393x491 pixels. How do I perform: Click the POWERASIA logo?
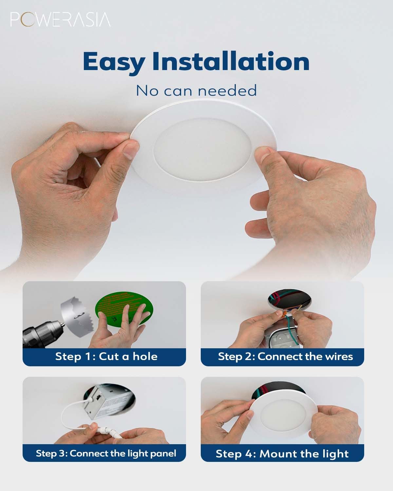(60, 20)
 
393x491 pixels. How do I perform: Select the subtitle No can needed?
(196, 91)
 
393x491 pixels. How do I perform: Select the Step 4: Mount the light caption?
(282, 454)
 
